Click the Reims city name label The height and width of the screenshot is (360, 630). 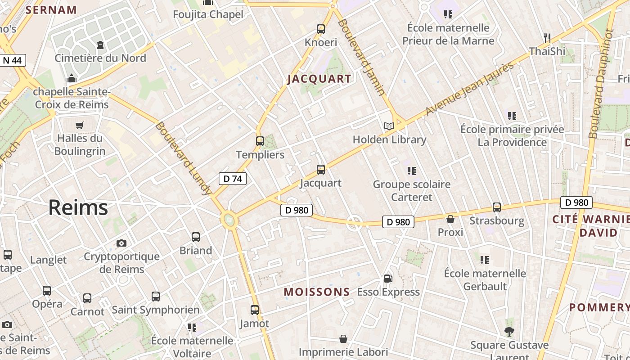tap(78, 207)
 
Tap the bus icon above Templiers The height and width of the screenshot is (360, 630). tap(260, 141)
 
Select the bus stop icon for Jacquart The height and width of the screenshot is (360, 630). tap(320, 170)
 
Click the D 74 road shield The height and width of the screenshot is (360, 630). tap(233, 179)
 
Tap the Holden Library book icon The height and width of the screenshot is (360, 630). tap(389, 126)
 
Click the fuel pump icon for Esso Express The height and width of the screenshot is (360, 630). tap(388, 279)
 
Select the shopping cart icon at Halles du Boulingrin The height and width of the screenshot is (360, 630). tap(80, 125)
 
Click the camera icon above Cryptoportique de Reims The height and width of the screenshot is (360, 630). tap(121, 243)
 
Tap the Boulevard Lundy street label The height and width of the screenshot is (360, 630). tap(183, 158)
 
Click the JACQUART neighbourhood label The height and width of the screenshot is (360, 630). tap(319, 79)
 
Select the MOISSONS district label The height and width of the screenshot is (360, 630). tap(317, 292)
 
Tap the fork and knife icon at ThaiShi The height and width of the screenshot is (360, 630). tap(547, 38)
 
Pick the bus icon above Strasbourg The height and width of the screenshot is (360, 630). tap(497, 207)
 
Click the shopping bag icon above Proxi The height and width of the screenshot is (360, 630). tap(450, 219)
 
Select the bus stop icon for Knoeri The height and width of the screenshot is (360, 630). tap(321, 29)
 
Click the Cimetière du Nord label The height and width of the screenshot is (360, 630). tap(100, 58)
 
